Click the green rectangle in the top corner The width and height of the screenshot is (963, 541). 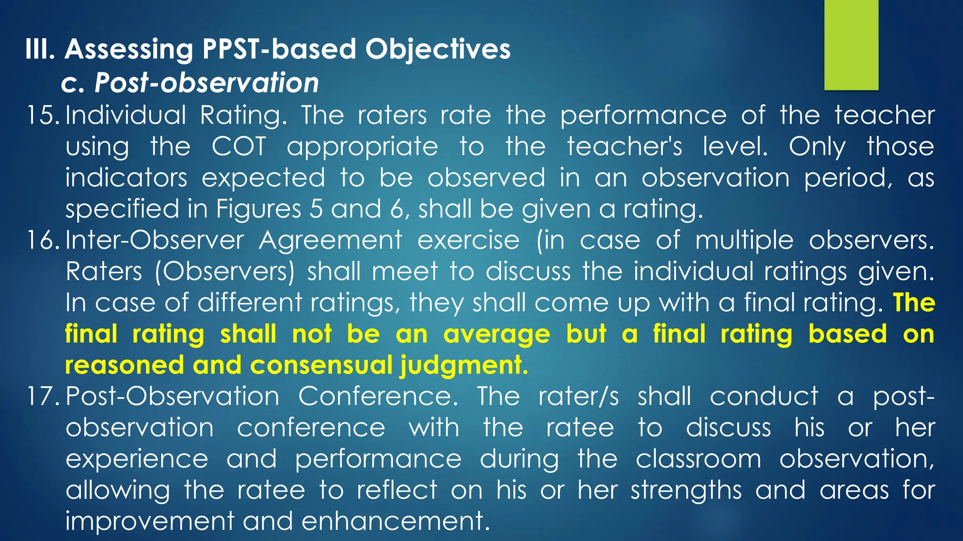tap(851, 45)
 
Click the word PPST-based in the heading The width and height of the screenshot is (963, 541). tap(279, 49)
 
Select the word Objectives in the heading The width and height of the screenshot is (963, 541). tap(438, 49)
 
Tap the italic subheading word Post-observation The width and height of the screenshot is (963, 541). tap(206, 83)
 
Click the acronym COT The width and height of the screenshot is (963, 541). tap(239, 147)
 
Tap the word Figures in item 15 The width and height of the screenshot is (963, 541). tap(258, 209)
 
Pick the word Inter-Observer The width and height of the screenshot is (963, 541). tap(154, 240)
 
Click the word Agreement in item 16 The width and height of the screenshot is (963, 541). tap(330, 240)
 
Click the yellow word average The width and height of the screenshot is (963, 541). tap(497, 334)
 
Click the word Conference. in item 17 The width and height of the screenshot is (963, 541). tap(378, 396)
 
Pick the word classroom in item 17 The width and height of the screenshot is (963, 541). tap(698, 459)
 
